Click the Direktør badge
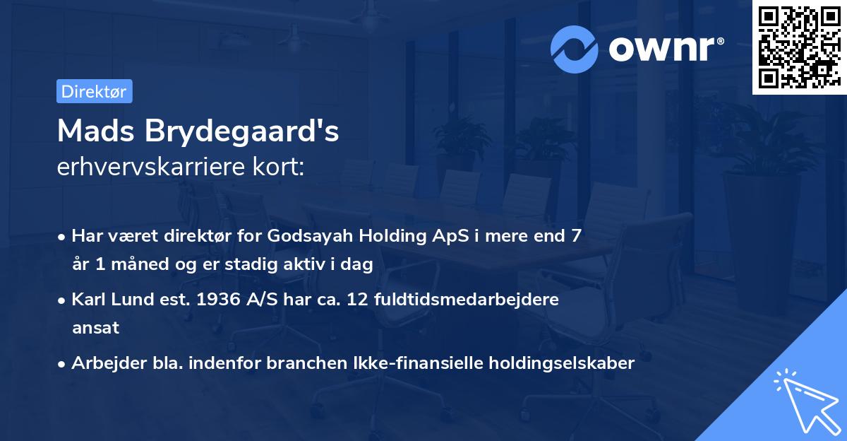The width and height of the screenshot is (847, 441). coord(94,91)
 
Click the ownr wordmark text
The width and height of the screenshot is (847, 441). coord(664,49)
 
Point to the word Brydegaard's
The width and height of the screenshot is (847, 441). coord(243,132)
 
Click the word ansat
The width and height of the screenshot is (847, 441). coord(95,328)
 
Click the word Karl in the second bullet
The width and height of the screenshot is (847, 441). coord(89,300)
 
